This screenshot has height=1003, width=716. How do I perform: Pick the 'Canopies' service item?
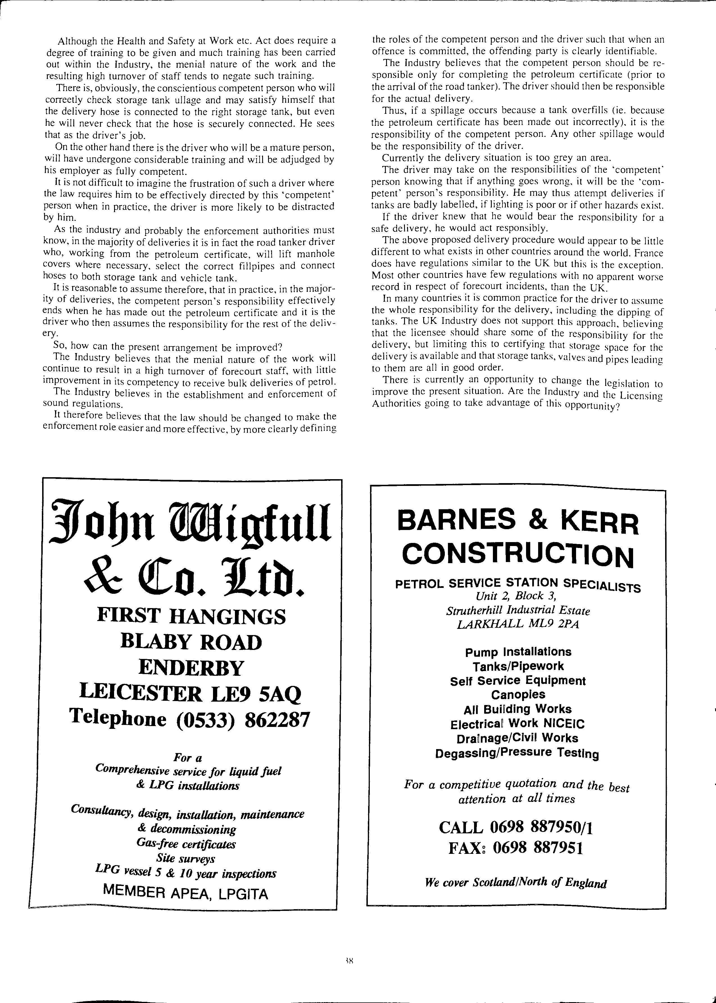(518, 695)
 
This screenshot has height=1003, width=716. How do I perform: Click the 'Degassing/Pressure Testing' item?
(517, 754)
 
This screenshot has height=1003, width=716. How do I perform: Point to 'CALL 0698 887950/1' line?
(516, 828)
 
